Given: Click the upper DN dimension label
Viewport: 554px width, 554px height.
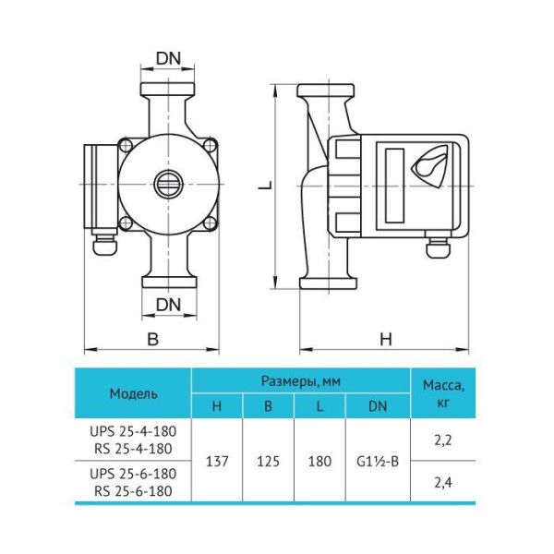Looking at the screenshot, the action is pos(168,59).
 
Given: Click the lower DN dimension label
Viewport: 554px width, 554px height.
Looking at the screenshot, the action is pos(168,305).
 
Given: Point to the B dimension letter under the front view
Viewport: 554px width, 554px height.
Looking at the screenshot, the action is pos(152,339).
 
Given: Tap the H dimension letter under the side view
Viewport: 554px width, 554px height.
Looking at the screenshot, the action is pos(386,339).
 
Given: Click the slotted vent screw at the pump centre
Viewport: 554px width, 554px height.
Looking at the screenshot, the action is pos(169,184).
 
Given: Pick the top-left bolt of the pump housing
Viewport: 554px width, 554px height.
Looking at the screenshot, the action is pos(126,145).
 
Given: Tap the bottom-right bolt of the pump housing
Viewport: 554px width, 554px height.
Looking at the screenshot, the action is pos(211,223).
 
